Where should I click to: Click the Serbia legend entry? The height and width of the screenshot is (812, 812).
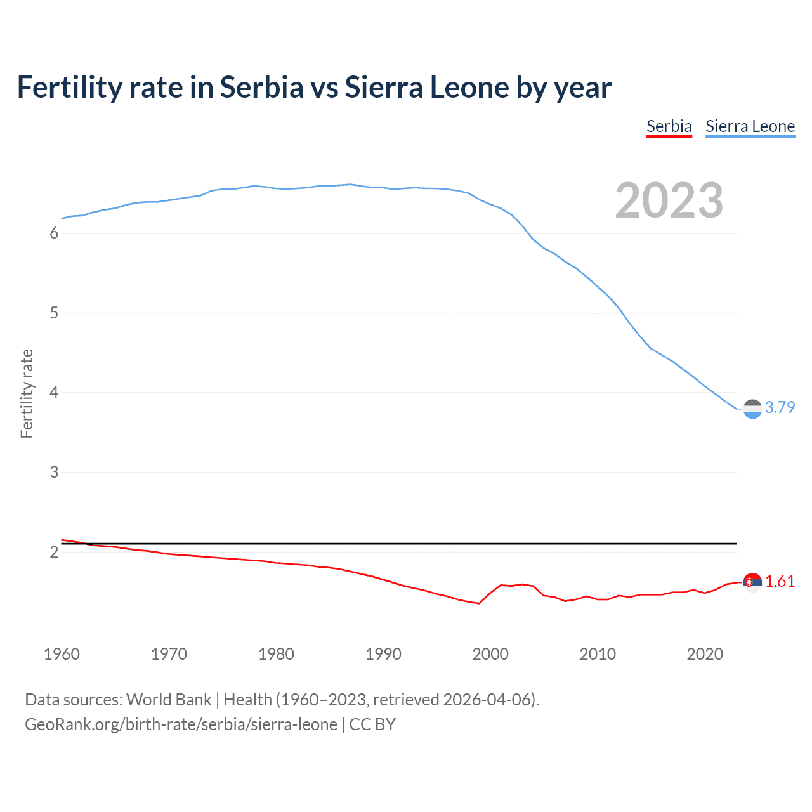pyautogui.click(x=669, y=126)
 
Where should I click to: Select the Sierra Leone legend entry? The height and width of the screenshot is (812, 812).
pyautogui.click(x=750, y=126)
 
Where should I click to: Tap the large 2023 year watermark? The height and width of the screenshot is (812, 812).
pyautogui.click(x=669, y=200)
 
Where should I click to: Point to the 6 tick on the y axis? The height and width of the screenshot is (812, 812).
pyautogui.click(x=54, y=233)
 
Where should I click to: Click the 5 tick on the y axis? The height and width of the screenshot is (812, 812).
pyautogui.click(x=54, y=313)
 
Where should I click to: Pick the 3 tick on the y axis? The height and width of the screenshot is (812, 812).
pyautogui.click(x=54, y=473)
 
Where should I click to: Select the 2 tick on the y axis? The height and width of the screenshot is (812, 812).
pyautogui.click(x=54, y=552)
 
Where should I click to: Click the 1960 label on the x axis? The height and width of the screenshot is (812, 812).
pyautogui.click(x=62, y=654)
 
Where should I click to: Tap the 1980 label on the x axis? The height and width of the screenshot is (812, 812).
pyautogui.click(x=276, y=654)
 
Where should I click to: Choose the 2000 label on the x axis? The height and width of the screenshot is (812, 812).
pyautogui.click(x=490, y=654)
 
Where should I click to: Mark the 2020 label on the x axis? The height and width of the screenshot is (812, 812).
pyautogui.click(x=705, y=654)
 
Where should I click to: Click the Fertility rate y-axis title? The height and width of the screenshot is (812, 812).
pyautogui.click(x=27, y=393)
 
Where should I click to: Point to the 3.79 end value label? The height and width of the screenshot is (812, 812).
pyautogui.click(x=780, y=407)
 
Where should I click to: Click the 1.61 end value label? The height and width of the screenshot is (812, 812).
pyautogui.click(x=780, y=581)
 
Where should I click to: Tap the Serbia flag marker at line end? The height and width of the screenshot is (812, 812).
pyautogui.click(x=752, y=582)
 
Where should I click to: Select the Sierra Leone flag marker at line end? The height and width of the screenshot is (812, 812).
pyautogui.click(x=752, y=409)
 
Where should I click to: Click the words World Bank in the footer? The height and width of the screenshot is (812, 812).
pyautogui.click(x=169, y=700)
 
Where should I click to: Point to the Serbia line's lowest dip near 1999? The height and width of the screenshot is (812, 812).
pyautogui.click(x=479, y=603)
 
